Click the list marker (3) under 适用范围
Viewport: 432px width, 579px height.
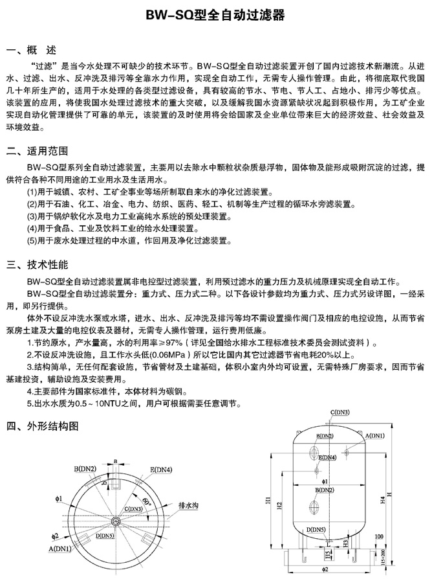(x=32, y=216)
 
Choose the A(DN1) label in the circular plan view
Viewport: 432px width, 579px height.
(x=60, y=549)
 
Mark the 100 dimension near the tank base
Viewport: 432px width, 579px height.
(x=378, y=536)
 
